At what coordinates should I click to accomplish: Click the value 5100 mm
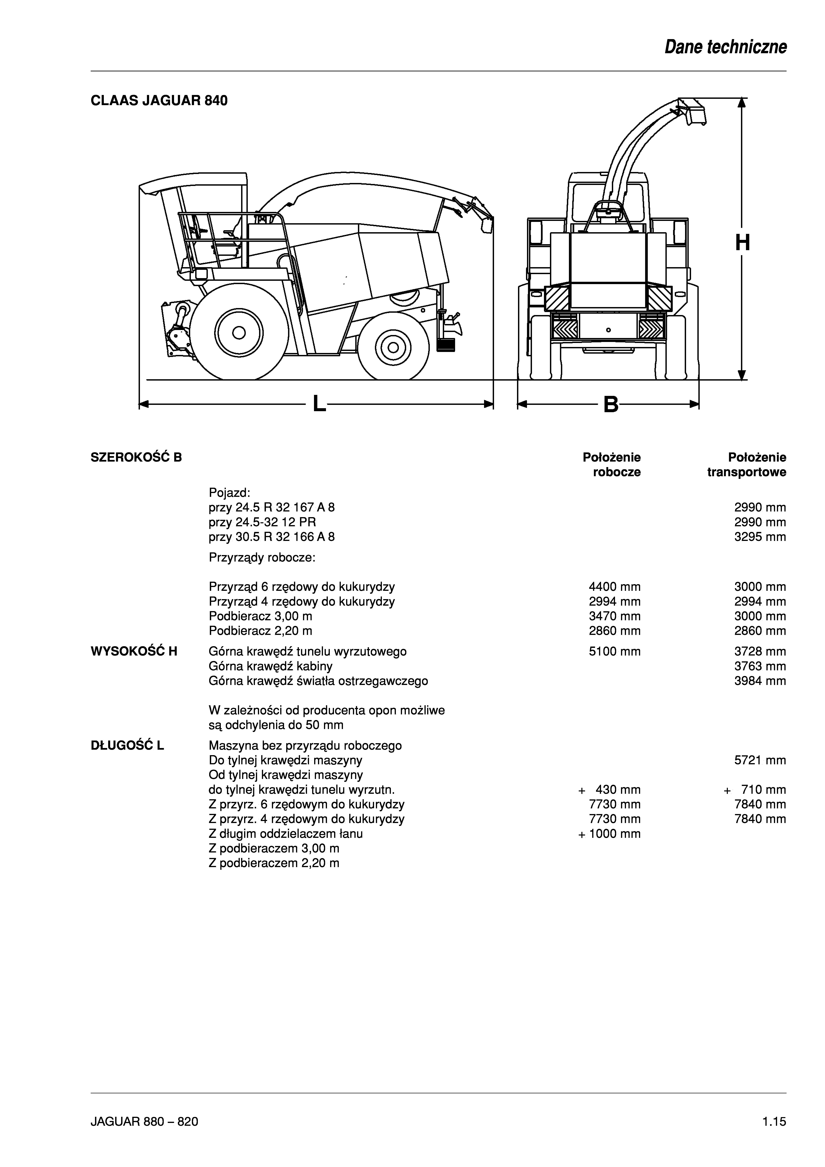(615, 652)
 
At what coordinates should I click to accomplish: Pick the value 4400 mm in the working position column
(615, 587)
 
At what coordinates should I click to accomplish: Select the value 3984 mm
(760, 681)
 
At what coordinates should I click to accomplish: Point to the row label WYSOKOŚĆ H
(134, 652)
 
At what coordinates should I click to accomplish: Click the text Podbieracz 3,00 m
(260, 617)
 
